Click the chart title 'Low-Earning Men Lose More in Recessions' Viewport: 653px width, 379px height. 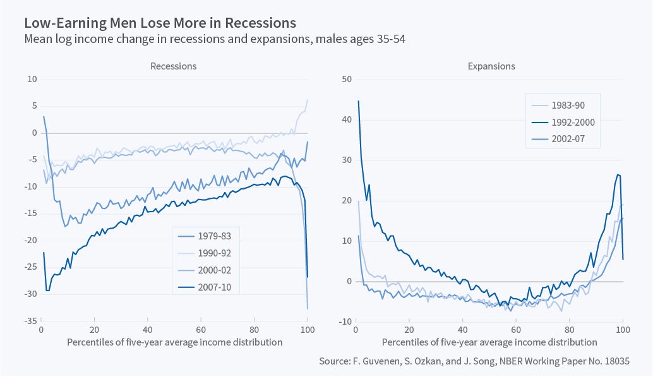pos(160,23)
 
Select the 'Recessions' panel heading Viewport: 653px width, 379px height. pos(173,66)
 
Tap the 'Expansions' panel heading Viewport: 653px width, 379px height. pos(491,66)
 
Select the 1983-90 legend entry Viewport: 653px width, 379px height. pos(568,104)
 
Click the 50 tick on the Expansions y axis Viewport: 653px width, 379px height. pos(346,79)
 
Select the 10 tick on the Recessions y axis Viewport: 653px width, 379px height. pos(32,79)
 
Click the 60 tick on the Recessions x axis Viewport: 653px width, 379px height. pos(201,330)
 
